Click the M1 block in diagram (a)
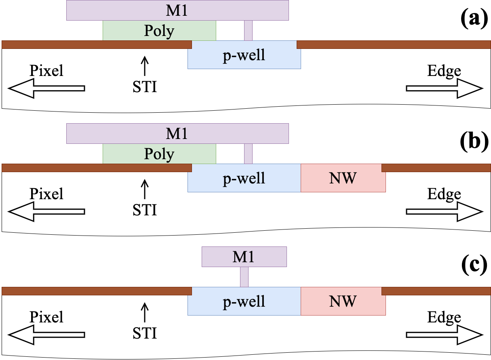coord(177,10)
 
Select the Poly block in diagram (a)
coord(159,31)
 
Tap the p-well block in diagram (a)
coord(244,55)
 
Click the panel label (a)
coord(474,19)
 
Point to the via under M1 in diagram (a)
coord(248,30)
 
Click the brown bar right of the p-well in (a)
coord(394,44)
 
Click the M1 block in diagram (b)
coord(177,133)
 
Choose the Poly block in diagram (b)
coord(159,154)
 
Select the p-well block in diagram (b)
coord(244,178)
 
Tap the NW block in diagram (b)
coord(343,178)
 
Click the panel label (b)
coord(474,142)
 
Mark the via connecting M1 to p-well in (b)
coord(248,154)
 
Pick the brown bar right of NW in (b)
coord(436,168)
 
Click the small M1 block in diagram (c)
coord(244,257)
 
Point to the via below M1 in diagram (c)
coord(244,277)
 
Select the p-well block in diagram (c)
coord(244,301)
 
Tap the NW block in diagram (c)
coord(343,301)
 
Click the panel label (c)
coord(474,265)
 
